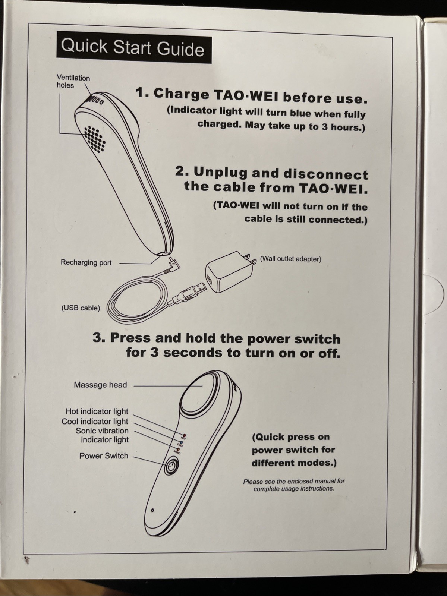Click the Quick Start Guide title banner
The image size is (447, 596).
(134, 47)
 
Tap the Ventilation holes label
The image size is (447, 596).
(73, 82)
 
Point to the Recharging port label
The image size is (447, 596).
(86, 262)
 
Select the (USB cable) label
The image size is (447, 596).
(81, 308)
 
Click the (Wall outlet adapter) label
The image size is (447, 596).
(290, 259)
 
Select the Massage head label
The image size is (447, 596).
(100, 385)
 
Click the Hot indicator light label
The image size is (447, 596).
(97, 411)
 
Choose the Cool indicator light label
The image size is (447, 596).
(94, 422)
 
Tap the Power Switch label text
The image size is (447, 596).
(104, 456)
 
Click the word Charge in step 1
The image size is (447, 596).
(181, 94)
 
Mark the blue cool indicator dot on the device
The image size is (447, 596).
(181, 442)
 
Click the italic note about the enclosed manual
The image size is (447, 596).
(294, 485)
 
